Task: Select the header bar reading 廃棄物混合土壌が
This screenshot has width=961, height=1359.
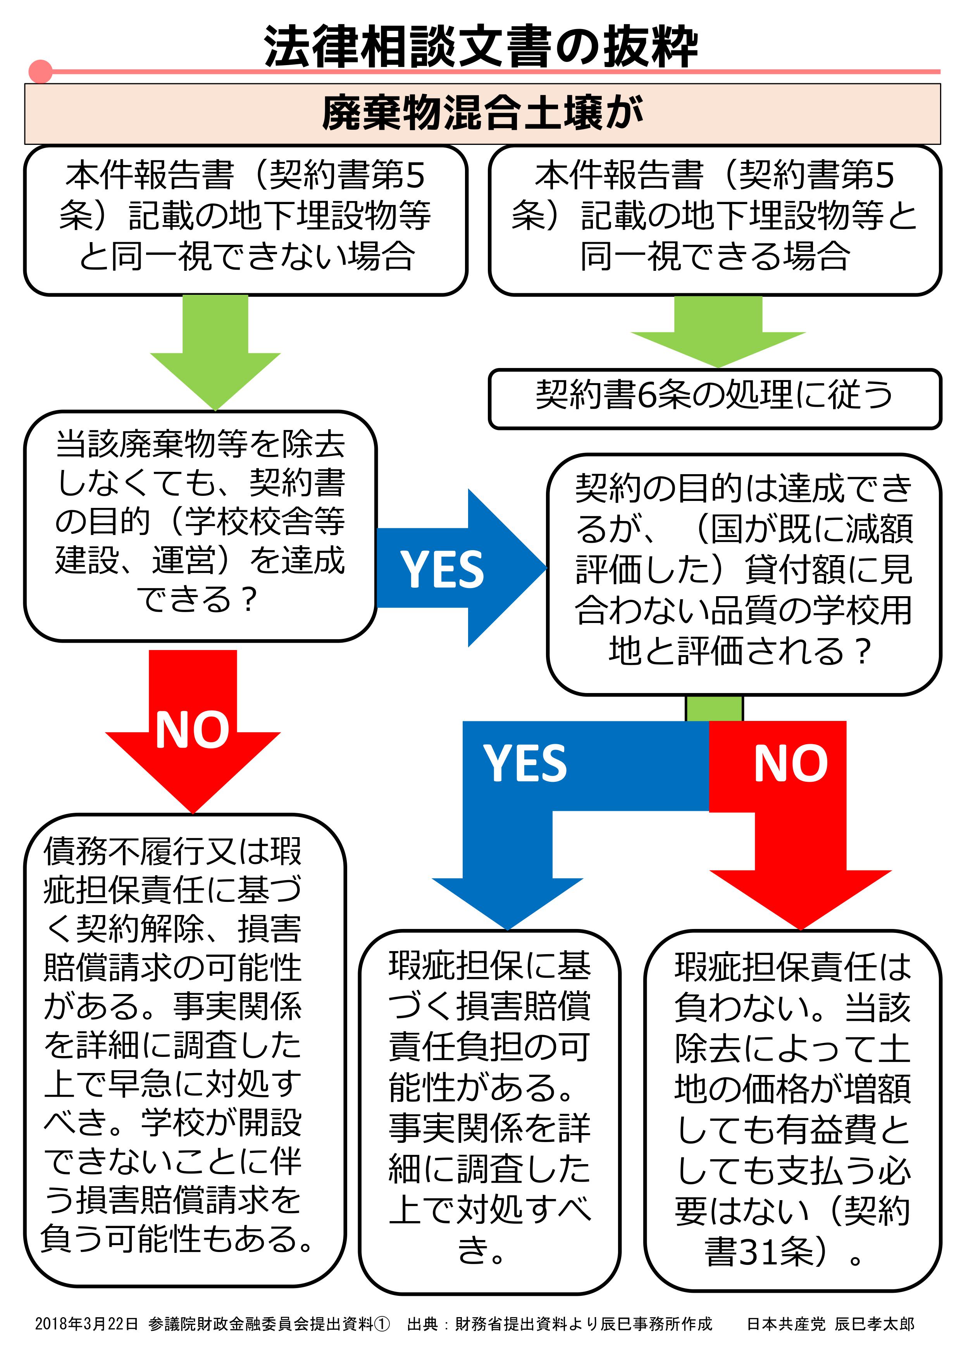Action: [482, 114]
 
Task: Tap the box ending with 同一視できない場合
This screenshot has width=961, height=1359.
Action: [246, 220]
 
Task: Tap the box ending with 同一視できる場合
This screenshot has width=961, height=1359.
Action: [715, 220]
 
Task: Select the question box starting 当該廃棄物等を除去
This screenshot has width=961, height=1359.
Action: [200, 526]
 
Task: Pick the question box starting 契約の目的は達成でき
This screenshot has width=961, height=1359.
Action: [744, 574]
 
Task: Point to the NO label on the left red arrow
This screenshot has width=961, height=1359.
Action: [193, 730]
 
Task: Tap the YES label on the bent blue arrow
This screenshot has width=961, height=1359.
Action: [525, 763]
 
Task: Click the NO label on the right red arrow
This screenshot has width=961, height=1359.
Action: [790, 763]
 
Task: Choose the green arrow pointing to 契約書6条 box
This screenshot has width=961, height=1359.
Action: [718, 332]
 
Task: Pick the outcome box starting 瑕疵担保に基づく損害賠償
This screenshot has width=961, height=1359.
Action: [490, 1112]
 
